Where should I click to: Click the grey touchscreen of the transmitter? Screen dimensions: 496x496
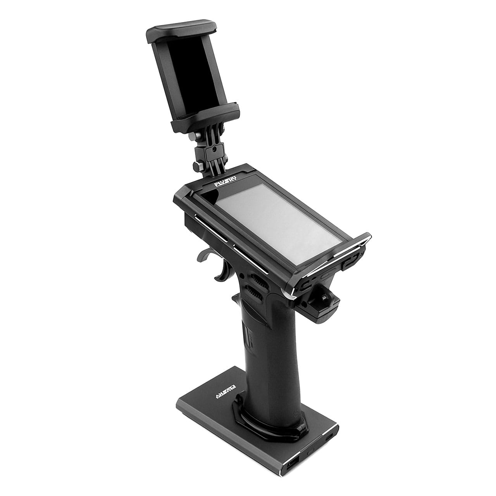tap(277, 220)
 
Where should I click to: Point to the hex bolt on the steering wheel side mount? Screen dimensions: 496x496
tap(323, 298)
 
